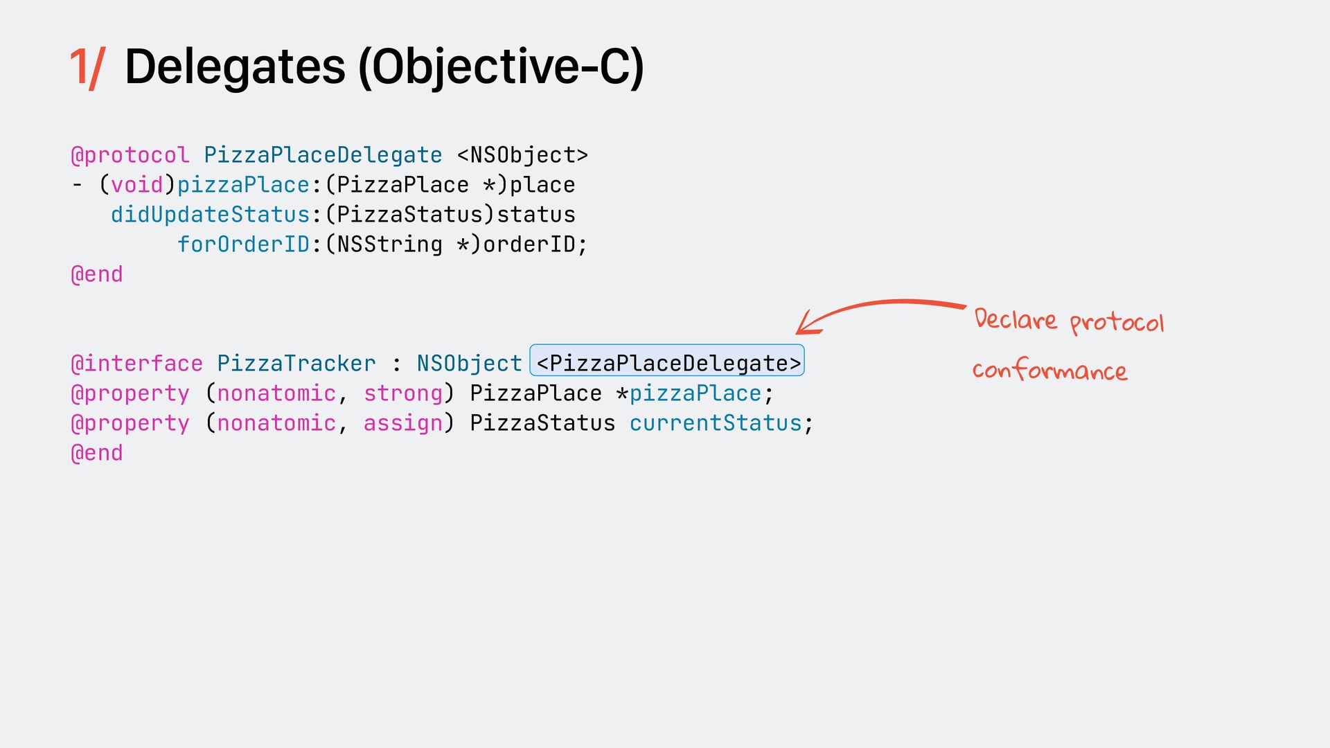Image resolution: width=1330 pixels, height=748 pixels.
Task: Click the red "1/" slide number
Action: click(x=87, y=68)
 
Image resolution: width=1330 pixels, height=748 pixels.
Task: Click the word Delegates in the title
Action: click(x=235, y=67)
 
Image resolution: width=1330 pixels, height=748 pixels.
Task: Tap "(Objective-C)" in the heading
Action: click(x=501, y=68)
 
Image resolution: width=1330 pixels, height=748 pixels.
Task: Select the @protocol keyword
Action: click(x=130, y=155)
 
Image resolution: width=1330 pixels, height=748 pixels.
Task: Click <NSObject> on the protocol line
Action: click(x=522, y=155)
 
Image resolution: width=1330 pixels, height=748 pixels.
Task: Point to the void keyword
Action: click(x=136, y=185)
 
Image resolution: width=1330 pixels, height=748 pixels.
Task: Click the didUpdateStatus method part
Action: click(x=210, y=215)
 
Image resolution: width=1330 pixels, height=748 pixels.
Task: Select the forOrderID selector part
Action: click(x=243, y=244)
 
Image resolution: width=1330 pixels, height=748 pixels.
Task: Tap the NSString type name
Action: click(x=389, y=244)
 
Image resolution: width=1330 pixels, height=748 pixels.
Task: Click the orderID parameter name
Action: click(x=529, y=244)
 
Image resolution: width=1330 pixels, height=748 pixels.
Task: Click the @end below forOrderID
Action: click(x=97, y=274)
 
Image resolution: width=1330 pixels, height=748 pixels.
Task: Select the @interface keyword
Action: click(x=136, y=364)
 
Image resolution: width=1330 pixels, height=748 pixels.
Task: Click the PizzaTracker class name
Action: click(x=296, y=364)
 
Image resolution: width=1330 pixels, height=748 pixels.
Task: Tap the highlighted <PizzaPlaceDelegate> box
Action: click(x=667, y=361)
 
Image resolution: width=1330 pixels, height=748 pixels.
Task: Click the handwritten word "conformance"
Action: click(x=1049, y=371)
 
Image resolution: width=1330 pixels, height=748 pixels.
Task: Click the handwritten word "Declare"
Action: click(x=1016, y=319)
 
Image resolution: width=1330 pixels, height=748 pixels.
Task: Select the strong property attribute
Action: click(x=402, y=393)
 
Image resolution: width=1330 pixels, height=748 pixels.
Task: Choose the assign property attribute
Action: click(x=402, y=423)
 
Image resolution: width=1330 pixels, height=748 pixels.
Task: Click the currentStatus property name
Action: click(x=715, y=423)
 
